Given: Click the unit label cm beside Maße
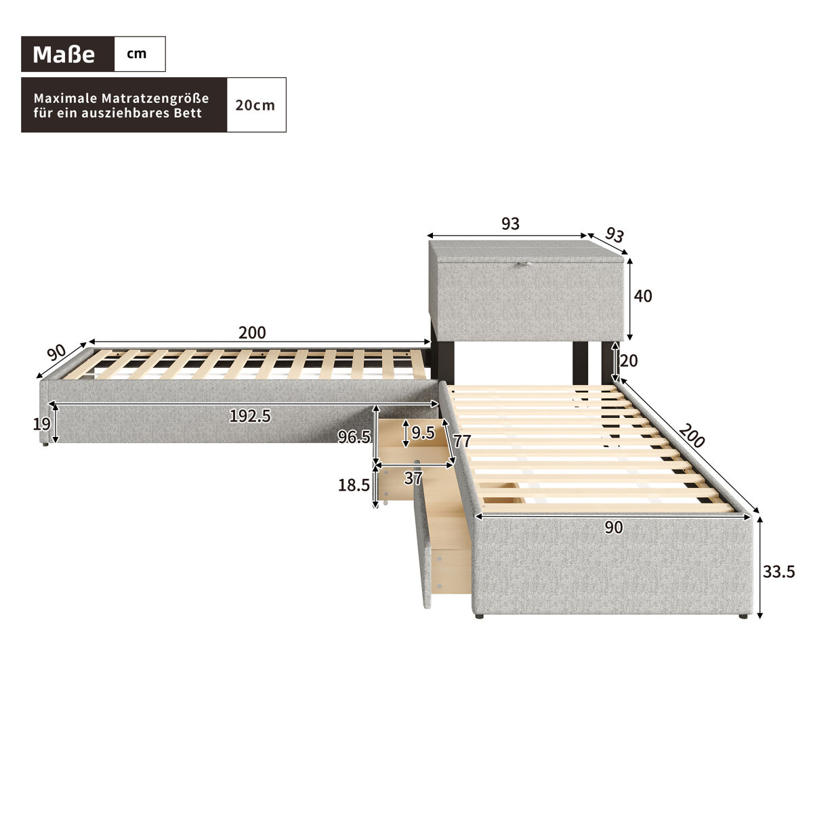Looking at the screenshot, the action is point(137,54).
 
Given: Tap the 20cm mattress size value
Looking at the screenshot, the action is point(255,105).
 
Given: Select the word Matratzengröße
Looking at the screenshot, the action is point(155,98).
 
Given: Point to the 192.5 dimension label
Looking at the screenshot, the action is point(250,417).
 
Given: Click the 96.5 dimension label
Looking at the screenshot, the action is point(354,437).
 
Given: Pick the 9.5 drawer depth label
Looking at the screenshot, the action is point(423,432).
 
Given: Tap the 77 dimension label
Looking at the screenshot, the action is point(462,441).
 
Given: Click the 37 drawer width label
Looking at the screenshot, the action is point(413,478).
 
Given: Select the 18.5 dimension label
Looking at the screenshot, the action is point(354,485).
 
